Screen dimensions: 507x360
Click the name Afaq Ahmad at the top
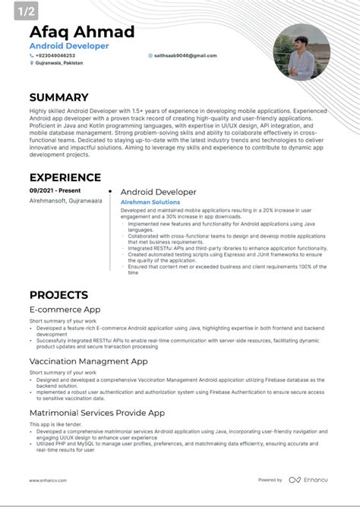(82, 32)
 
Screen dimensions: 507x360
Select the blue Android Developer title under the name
(69, 46)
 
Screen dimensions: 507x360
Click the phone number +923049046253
(55, 55)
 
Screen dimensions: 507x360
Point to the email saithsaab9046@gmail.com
(185, 55)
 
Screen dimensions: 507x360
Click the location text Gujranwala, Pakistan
(59, 64)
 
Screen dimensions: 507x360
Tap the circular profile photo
(301, 52)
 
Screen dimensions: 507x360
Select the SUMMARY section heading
(59, 97)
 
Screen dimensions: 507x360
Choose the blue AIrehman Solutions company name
(150, 202)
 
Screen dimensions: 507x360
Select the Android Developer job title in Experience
(158, 192)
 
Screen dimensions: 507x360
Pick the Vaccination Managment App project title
(88, 361)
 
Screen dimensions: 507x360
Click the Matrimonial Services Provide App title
(97, 413)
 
